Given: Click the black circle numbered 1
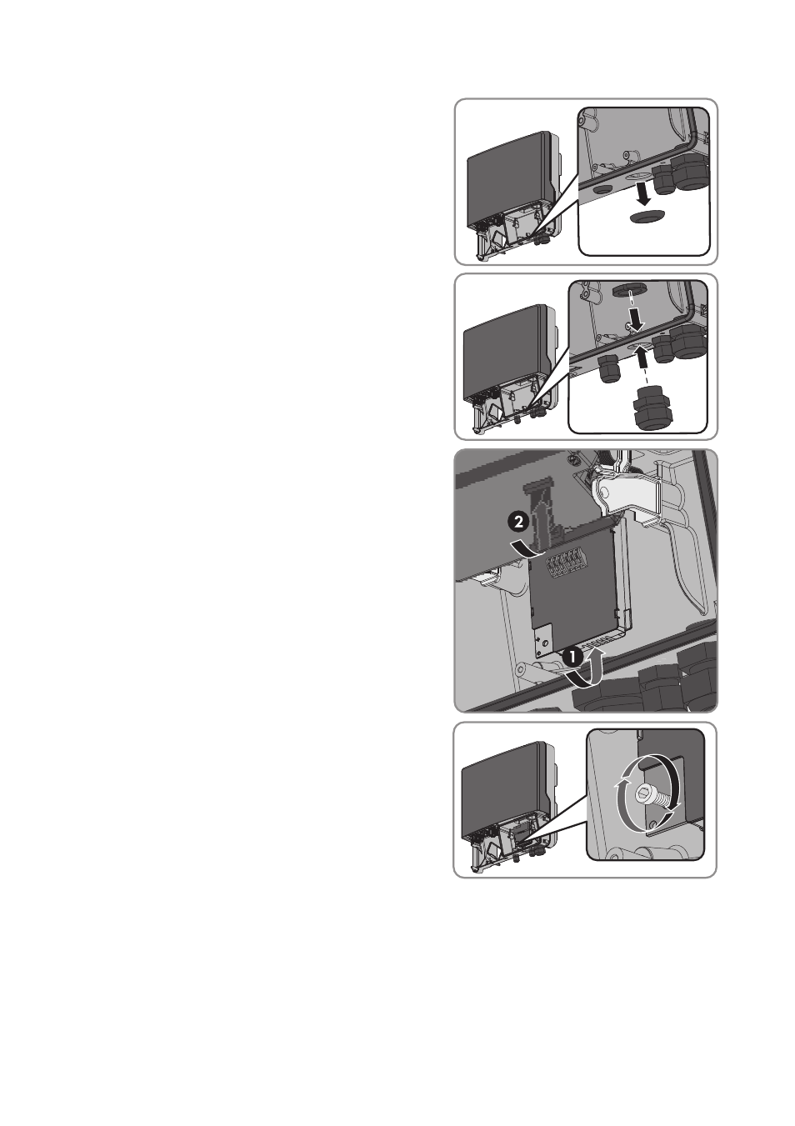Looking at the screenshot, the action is (x=572, y=657).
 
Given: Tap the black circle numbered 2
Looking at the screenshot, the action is (x=518, y=521).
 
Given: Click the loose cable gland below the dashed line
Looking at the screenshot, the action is (x=649, y=408).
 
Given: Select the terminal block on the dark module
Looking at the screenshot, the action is (x=572, y=566).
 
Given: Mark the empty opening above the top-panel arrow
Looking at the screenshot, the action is (x=637, y=176).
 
